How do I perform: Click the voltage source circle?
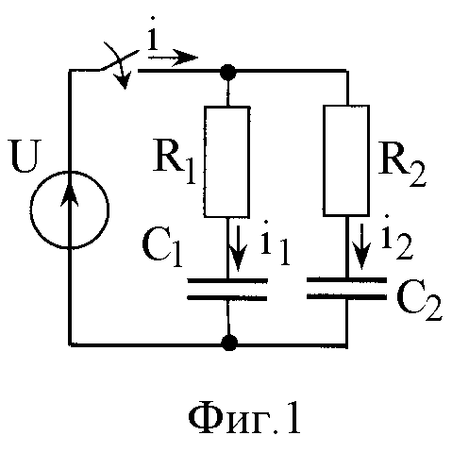point(31,209)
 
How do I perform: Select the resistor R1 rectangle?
point(205,161)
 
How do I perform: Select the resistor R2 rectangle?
point(325,160)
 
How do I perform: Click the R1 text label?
point(174,164)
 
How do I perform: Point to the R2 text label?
point(402,164)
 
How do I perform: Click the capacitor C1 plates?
point(227,289)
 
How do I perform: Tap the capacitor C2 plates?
point(346,288)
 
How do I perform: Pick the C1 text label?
point(162,247)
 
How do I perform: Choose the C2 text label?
point(419,301)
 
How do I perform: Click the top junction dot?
point(227,71)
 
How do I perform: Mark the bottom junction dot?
point(229,343)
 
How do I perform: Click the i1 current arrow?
point(238,247)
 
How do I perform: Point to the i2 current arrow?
point(362,246)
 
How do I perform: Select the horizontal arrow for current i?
point(173,58)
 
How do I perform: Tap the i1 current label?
point(275,243)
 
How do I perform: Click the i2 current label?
point(396,238)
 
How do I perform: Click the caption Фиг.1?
point(244,420)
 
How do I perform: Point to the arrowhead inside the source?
point(70,195)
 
